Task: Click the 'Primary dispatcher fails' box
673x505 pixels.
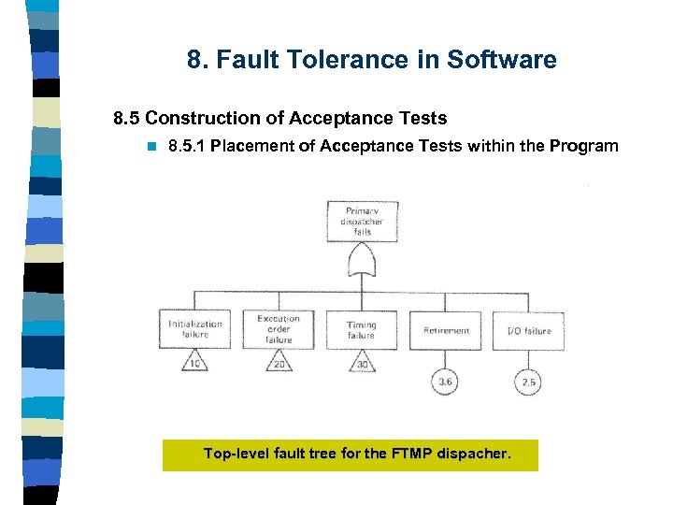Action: point(362,221)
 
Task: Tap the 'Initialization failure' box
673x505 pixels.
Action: point(195,329)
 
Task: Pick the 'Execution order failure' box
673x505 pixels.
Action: point(279,329)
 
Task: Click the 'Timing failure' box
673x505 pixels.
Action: point(362,329)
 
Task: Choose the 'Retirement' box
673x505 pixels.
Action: point(446,330)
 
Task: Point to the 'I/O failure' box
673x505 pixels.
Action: point(529,330)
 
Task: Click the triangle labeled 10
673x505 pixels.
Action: point(195,363)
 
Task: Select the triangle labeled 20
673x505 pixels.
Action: point(279,363)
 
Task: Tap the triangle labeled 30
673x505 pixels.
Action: point(362,363)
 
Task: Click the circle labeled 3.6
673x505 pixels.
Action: point(446,382)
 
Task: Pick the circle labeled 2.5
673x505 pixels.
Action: point(529,382)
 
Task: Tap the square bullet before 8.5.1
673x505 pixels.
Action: point(150,147)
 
